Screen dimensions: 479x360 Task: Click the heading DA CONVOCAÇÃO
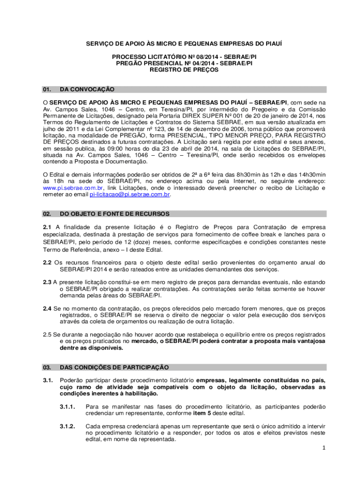click(x=87, y=89)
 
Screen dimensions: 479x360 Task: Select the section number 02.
click(x=47, y=213)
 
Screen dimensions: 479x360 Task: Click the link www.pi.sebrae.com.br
click(x=69, y=188)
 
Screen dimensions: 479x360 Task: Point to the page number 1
click(x=323, y=448)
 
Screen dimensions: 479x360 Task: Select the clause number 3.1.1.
click(x=68, y=407)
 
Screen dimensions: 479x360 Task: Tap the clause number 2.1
click(x=47, y=227)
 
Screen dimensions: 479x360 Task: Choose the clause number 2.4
click(x=47, y=309)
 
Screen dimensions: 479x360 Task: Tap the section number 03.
click(x=47, y=367)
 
